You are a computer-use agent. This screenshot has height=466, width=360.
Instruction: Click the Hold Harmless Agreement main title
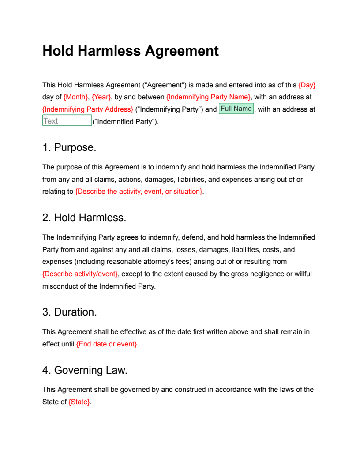(x=131, y=51)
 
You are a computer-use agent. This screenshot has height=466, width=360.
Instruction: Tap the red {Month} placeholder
(x=76, y=97)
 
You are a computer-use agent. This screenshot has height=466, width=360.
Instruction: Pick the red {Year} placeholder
(x=101, y=97)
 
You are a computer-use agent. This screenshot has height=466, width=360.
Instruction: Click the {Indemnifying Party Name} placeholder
(x=208, y=97)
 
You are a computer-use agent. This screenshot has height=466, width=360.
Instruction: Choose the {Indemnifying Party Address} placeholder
(x=88, y=109)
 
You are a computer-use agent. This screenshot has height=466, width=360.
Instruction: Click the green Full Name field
(x=236, y=109)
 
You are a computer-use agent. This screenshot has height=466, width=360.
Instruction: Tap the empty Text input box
(x=67, y=121)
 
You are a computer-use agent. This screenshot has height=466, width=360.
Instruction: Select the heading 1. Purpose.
(x=69, y=148)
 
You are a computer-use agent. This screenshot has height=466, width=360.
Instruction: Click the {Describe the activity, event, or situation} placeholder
(x=139, y=192)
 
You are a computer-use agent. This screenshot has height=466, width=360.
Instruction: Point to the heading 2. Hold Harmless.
(x=84, y=218)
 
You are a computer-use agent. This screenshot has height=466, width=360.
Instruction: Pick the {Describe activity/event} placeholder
(x=80, y=274)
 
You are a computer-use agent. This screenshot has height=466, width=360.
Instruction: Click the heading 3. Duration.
(x=70, y=312)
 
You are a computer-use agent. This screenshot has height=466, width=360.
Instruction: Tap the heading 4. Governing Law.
(x=85, y=371)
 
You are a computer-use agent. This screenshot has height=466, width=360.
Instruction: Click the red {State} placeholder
(x=79, y=402)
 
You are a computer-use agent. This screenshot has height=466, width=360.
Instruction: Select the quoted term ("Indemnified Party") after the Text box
(x=125, y=122)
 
